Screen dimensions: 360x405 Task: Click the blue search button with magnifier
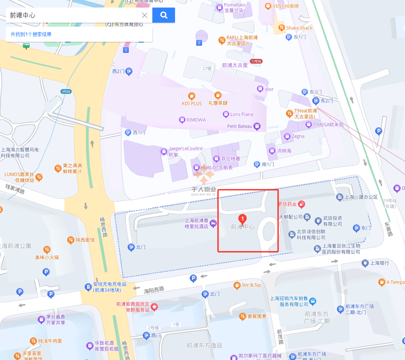pos(164,15)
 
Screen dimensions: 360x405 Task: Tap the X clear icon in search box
pos(145,16)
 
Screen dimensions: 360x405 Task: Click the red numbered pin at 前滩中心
pos(242,218)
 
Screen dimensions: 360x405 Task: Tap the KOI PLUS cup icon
pos(192,96)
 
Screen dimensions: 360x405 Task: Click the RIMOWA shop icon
pos(182,119)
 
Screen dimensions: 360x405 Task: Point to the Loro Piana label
pos(241,114)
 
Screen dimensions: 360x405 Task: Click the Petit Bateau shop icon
pos(257,126)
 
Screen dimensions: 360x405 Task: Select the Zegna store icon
pos(286,136)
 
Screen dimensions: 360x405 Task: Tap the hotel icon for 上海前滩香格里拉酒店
pos(213,223)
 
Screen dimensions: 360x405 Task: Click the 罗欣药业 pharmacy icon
pos(301,204)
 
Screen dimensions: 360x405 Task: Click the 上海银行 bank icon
pos(365,263)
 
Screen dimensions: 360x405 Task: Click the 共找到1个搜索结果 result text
pos(31,34)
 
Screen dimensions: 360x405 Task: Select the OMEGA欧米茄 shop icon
pos(308,125)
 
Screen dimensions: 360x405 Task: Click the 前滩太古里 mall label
pos(235,65)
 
